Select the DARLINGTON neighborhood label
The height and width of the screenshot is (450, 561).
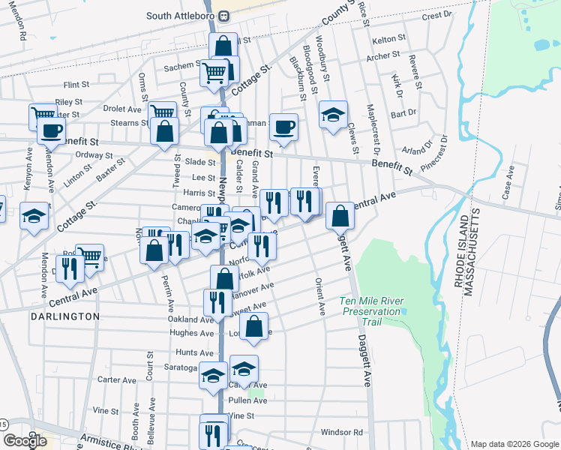65,316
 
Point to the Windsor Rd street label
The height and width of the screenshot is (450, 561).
341,432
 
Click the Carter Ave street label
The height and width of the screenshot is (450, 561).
116,379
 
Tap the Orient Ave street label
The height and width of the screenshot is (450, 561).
320,297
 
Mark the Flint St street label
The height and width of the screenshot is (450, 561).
76,85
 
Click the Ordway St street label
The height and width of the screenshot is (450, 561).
94,155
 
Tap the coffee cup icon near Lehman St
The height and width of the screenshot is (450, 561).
283,127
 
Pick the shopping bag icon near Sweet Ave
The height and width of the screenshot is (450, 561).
255,326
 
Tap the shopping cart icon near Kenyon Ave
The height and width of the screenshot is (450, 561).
43,116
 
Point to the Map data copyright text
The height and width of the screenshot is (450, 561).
514,444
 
